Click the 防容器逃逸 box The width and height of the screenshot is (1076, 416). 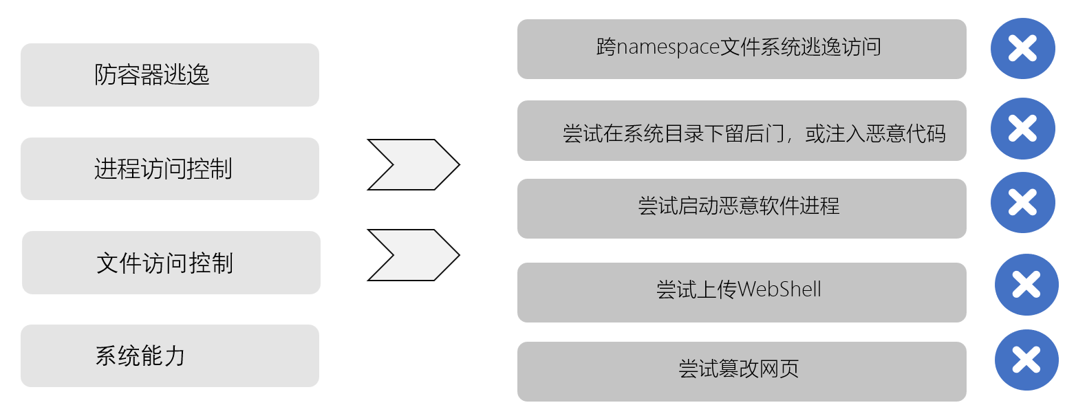coord(169,75)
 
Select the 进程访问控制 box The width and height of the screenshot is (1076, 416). coord(169,168)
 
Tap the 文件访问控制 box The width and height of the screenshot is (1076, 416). coord(171,263)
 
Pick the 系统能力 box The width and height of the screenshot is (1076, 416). coord(169,355)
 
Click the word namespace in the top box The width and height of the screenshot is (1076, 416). coord(667,47)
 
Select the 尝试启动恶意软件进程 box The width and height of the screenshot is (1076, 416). coord(741,208)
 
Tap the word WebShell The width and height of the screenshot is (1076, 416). coord(779,289)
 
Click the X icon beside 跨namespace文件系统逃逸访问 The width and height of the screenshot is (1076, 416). coord(1022,48)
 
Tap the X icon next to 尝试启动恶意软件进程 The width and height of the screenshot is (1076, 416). coord(1022,202)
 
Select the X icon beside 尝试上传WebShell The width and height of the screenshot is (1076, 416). coord(1026,285)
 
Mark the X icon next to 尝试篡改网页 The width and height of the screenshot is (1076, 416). coord(1026,360)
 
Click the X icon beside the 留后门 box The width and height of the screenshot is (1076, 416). coord(1022,129)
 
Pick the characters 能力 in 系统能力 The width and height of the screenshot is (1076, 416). coord(164,355)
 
